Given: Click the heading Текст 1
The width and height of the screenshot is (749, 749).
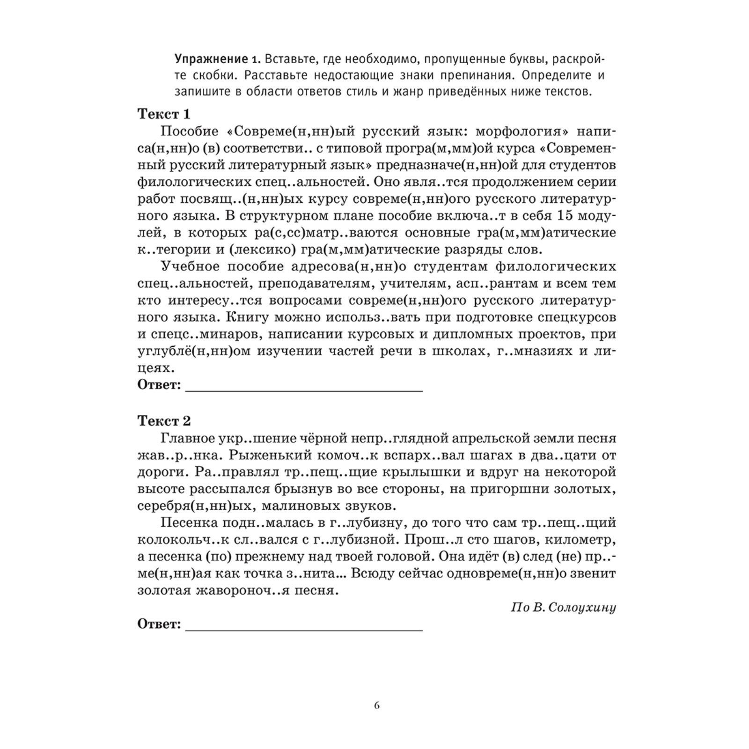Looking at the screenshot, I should tap(164, 114).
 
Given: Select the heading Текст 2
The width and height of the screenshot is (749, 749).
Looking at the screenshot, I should tap(164, 421).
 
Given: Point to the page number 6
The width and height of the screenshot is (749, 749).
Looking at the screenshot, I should tap(377, 706).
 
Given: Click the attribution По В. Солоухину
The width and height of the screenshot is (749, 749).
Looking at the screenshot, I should tap(563, 608).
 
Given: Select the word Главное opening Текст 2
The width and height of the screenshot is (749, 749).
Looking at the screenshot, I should tap(187, 438).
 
